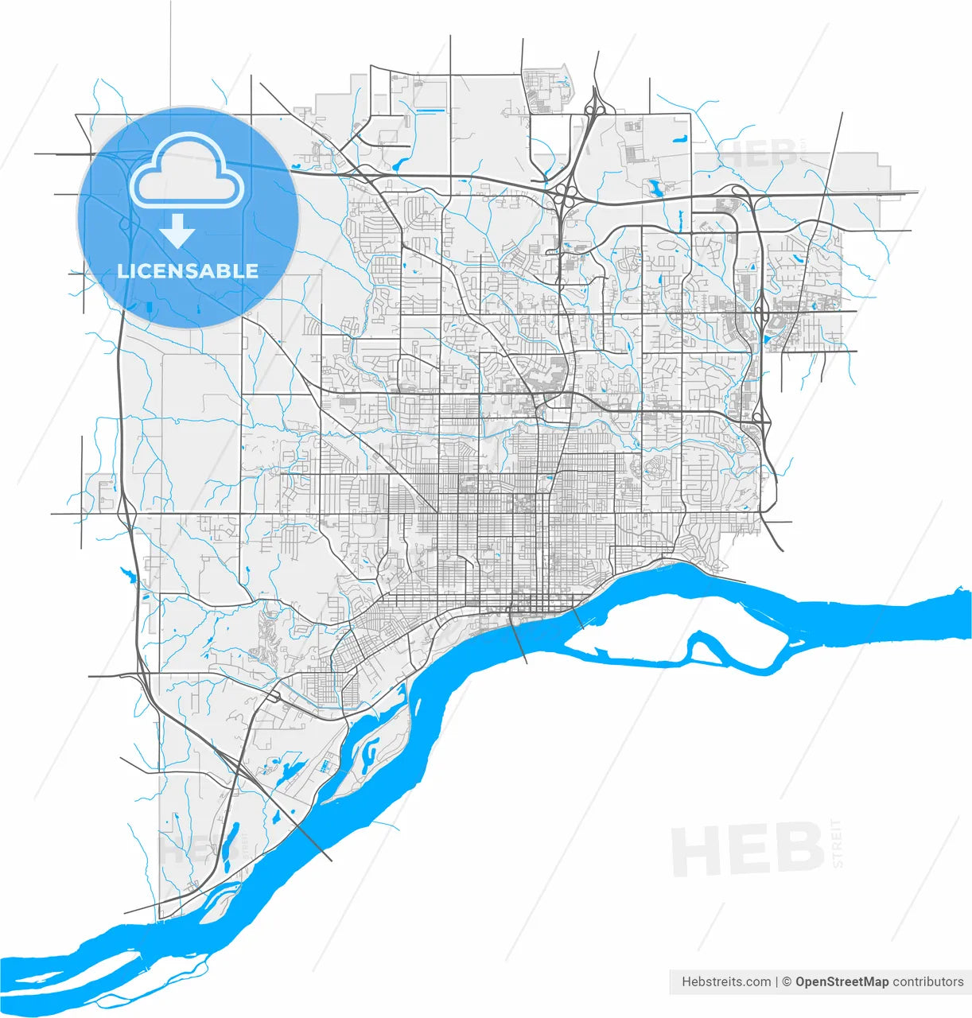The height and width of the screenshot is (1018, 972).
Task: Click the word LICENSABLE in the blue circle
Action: (188, 270)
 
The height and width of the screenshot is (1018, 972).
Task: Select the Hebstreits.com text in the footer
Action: (726, 981)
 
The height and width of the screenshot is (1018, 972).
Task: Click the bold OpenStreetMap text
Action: (842, 981)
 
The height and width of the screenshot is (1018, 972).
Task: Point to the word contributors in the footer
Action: (927, 981)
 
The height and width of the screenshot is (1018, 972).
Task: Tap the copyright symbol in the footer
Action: (787, 981)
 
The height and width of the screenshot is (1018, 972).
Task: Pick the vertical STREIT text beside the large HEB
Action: (834, 843)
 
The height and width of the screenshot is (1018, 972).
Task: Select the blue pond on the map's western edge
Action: (126, 573)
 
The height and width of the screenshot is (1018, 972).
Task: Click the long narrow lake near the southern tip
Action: (230, 842)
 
